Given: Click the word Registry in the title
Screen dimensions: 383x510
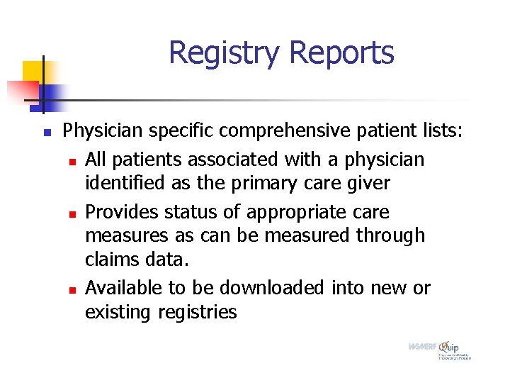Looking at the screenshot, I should pyautogui.click(x=225, y=53).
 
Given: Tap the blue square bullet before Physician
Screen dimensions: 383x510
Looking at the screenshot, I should pyautogui.click(x=45, y=133).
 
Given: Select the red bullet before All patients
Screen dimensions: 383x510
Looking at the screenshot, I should pyautogui.click(x=72, y=162).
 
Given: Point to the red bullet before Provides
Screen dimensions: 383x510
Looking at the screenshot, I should pyautogui.click(x=72, y=213).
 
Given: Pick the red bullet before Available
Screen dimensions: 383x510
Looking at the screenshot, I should pyautogui.click(x=72, y=289).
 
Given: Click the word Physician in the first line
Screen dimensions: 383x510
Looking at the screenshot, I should pyautogui.click(x=102, y=131).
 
